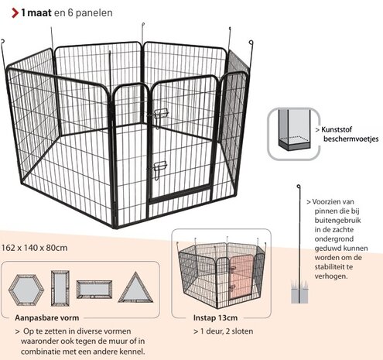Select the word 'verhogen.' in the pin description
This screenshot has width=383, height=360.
[x=333, y=275]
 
